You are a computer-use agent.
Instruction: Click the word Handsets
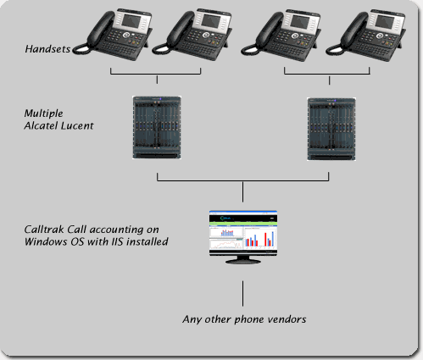tap(47, 49)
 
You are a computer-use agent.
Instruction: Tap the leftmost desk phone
tap(113, 35)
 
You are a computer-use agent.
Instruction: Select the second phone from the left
tap(192, 35)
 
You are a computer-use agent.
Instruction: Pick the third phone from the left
tap(281, 35)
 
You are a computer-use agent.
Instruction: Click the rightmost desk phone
tap(366, 35)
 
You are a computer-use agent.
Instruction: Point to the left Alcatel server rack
tap(157, 127)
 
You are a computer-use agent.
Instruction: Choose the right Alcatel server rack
tap(331, 130)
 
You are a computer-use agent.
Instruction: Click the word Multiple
tap(43, 114)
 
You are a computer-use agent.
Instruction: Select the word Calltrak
tap(44, 230)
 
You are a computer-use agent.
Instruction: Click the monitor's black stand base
tap(243, 261)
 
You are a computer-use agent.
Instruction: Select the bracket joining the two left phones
tap(155, 75)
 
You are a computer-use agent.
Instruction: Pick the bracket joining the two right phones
tap(327, 75)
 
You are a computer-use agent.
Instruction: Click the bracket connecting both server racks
tap(242, 181)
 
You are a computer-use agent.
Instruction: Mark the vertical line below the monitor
tap(242, 293)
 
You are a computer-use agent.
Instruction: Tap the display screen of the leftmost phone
tap(131, 20)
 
